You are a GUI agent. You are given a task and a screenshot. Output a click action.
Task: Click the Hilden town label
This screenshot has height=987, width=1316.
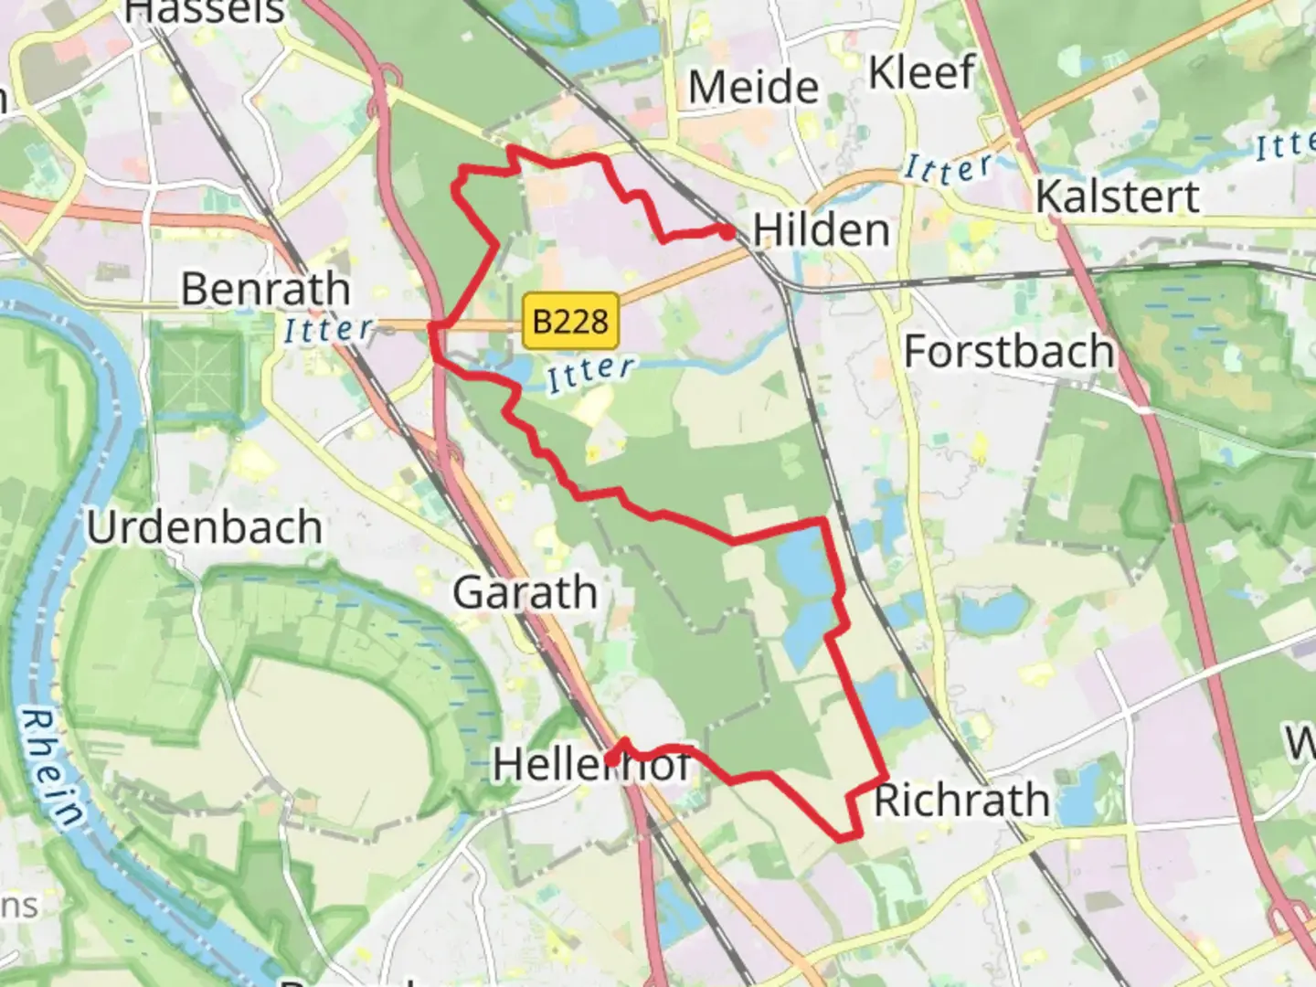(x=821, y=229)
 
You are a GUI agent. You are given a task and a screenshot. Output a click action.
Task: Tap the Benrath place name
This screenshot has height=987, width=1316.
(x=265, y=290)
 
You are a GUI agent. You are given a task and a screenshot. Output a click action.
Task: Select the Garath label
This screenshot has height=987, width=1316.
(x=525, y=593)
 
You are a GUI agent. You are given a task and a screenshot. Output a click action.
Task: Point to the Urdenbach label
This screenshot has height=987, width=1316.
(x=204, y=527)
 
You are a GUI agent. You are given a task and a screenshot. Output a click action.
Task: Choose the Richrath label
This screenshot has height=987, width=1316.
(x=961, y=801)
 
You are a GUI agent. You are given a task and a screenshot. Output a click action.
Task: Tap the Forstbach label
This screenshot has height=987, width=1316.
(x=1009, y=352)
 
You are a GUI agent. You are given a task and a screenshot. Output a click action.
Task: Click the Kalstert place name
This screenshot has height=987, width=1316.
(x=1117, y=196)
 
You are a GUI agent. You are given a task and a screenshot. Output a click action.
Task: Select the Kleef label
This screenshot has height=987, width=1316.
(x=921, y=73)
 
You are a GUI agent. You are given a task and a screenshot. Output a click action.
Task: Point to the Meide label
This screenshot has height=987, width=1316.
(x=753, y=88)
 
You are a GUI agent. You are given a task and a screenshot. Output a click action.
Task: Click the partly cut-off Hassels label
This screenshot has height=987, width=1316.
(x=205, y=12)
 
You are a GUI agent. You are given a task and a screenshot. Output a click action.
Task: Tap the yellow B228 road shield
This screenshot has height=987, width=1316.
(x=570, y=321)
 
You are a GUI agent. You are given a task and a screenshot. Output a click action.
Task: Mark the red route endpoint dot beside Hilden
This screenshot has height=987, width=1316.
(x=727, y=232)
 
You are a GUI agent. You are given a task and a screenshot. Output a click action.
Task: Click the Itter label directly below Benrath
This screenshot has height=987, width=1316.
(x=328, y=329)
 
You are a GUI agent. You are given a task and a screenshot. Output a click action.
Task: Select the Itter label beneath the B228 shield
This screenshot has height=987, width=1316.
(x=590, y=372)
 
